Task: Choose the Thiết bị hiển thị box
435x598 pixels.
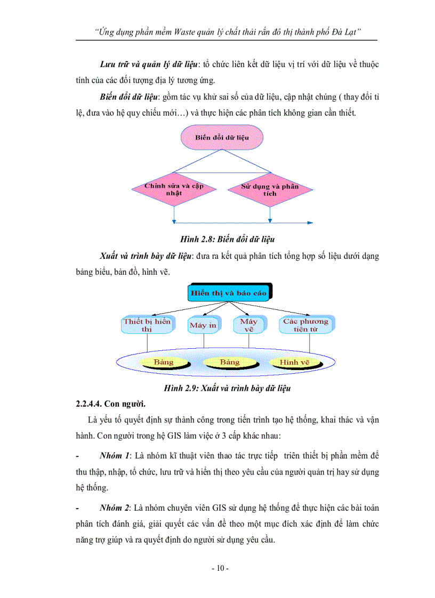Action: click(147, 325)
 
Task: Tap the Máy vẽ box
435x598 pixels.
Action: click(248, 325)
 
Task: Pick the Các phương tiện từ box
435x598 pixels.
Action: click(305, 325)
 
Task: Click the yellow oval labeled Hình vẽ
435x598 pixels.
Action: click(294, 362)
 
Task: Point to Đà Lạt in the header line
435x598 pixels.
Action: click(345, 32)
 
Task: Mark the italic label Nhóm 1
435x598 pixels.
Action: click(115, 456)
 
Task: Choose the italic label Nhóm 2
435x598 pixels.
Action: click(115, 509)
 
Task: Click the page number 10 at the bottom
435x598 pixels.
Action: click(220, 568)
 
